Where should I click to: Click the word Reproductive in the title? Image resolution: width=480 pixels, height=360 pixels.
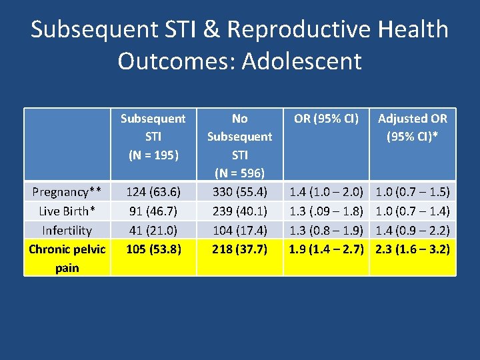tap(307, 30)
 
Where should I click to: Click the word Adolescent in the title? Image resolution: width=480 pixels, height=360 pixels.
tap(302, 61)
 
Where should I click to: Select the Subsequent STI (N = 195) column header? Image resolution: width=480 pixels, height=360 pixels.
tap(153, 137)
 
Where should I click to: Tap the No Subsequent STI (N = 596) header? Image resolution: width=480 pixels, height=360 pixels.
tap(239, 145)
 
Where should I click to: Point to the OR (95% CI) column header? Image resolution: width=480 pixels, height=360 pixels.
tap(326, 119)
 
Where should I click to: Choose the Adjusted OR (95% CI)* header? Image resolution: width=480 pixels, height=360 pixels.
tap(413, 127)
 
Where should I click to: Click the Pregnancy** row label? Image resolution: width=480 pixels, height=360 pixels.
tap(67, 192)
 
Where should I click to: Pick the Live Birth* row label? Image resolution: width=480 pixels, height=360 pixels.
tap(67, 211)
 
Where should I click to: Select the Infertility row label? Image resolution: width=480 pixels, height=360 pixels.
tap(67, 231)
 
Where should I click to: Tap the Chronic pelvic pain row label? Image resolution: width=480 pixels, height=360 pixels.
tap(67, 259)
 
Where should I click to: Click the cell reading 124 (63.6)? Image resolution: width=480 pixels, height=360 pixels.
tap(153, 192)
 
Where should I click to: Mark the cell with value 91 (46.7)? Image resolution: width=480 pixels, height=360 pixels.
tap(153, 211)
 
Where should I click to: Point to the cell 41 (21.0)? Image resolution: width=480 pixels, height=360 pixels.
tap(153, 231)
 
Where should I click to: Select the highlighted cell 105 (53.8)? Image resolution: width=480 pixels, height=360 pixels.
tap(153, 249)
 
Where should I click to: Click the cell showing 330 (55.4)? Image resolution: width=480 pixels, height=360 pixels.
tap(239, 192)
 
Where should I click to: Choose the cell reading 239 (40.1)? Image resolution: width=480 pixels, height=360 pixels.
tap(239, 211)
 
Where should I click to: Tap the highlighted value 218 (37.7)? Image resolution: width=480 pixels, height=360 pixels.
tap(239, 249)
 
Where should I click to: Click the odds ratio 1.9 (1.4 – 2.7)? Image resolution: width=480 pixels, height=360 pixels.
tap(326, 249)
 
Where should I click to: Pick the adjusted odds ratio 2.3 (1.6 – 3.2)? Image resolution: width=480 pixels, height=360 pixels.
tap(413, 249)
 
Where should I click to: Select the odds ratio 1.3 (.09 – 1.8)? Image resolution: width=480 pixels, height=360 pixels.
tap(326, 211)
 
